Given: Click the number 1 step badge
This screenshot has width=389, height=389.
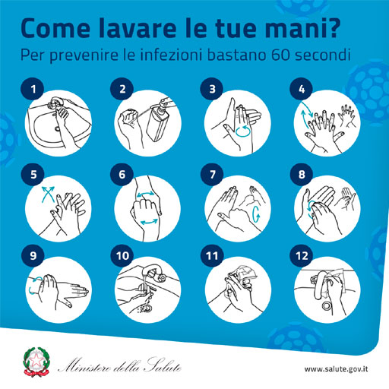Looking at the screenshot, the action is point(33,89).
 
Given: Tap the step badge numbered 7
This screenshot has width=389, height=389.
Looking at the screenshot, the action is point(212,174).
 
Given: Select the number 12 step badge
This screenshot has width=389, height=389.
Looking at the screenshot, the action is point(302,255).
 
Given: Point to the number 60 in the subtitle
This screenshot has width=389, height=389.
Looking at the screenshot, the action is point(280,55).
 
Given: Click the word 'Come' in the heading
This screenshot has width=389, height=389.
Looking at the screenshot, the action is point(55,28).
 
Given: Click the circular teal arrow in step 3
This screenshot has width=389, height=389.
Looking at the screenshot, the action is point(243,131).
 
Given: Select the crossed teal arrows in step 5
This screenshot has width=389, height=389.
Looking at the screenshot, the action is point(48,194).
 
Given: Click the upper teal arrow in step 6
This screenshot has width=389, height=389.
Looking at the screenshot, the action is point(146,194).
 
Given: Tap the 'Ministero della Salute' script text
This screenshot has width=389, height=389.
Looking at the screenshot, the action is point(119,365).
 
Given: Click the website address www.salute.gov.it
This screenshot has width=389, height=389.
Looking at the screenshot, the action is point(336,368).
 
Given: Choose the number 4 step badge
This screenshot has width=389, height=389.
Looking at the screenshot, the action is point(302,89).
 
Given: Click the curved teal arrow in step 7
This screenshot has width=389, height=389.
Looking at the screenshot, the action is point(256,214).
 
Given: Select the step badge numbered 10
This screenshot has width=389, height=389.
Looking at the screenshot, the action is point(122,255).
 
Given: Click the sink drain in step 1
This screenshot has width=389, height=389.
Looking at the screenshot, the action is point(58,128).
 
